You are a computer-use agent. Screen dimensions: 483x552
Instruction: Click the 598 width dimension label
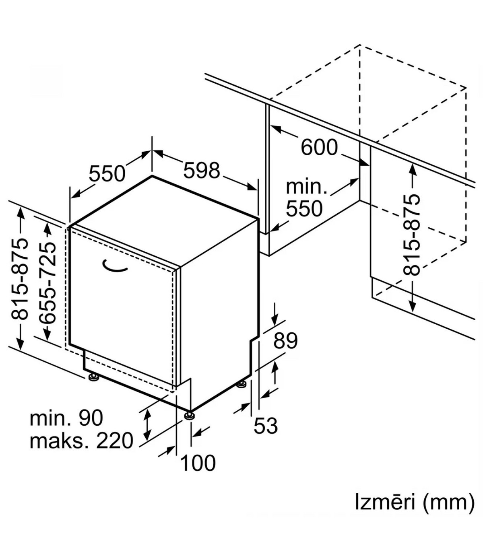(202, 171)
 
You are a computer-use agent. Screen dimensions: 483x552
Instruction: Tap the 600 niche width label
(319, 147)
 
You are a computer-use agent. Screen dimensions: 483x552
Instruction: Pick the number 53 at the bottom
(266, 426)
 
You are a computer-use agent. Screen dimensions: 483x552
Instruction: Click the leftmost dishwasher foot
(93, 377)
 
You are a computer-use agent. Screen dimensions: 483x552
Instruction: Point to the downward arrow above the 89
(275, 314)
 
